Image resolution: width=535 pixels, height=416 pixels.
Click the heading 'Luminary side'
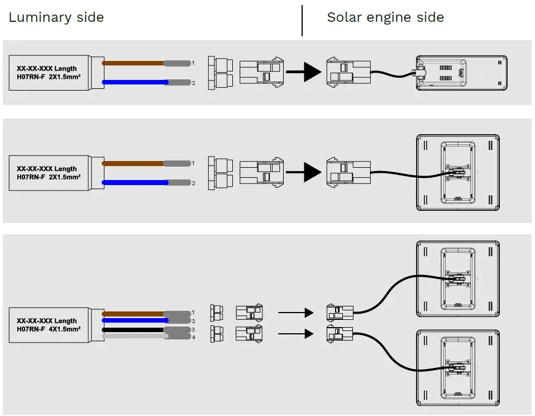pyautogui.click(x=56, y=17)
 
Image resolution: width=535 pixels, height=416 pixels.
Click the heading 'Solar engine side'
pyautogui.click(x=385, y=17)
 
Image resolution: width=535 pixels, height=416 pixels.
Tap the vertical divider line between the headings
pyautogui.click(x=302, y=21)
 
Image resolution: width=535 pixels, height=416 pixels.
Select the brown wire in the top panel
pyautogui.click(x=134, y=63)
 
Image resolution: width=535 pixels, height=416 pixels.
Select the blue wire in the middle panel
pyautogui.click(x=134, y=182)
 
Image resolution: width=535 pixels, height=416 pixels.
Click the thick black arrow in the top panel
pyautogui.click(x=304, y=72)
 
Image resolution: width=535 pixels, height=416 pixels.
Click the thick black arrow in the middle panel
pyautogui.click(x=304, y=172)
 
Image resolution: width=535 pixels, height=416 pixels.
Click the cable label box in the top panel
pyautogui.click(x=50, y=73)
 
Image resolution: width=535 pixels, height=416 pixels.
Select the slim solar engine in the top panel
pyautogui.click(x=461, y=73)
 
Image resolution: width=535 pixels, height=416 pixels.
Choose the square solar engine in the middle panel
pyautogui.click(x=458, y=172)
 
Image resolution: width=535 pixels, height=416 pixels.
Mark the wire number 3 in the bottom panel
pyautogui.click(x=193, y=330)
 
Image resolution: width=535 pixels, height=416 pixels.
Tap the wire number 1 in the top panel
pyautogui.click(x=193, y=63)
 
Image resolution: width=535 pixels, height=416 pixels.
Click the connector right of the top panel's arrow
pyautogui.click(x=348, y=73)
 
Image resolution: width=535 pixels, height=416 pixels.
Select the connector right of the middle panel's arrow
pyautogui.click(x=348, y=172)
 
